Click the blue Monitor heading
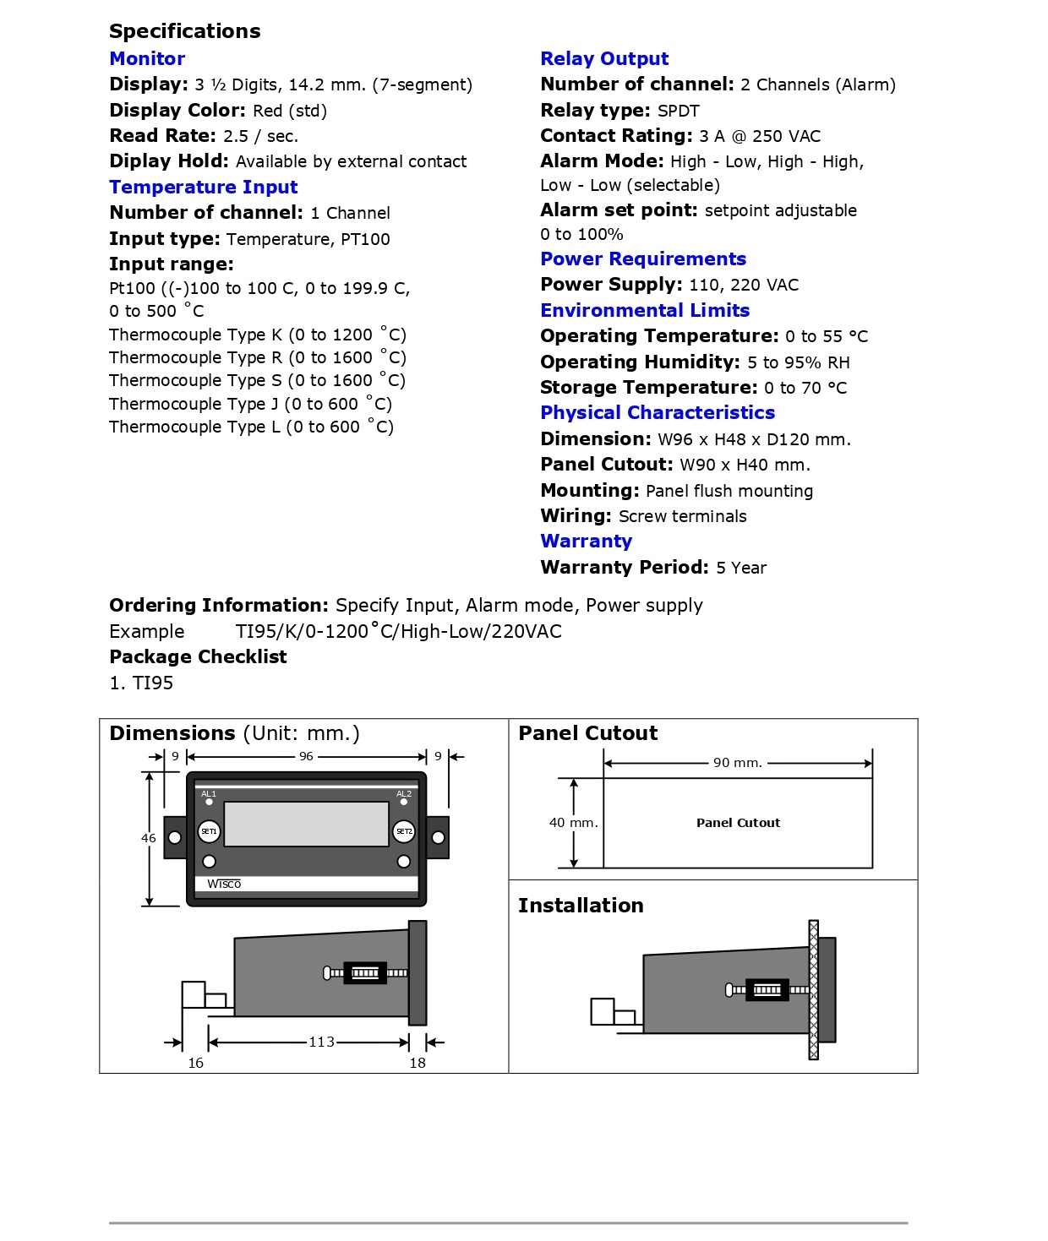pos(147,59)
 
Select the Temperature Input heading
pos(203,188)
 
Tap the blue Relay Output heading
pos(604,59)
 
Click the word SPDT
pos(678,111)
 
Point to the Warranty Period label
pos(625,568)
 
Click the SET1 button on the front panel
pos(209,831)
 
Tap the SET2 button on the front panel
pos(404,831)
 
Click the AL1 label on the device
pos(209,794)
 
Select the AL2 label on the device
pos(404,794)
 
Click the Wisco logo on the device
pos(224,884)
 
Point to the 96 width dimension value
pos(306,756)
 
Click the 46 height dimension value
pos(149,838)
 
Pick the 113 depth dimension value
pos(321,1042)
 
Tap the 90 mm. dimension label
pos(737,763)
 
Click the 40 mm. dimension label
pos(573,823)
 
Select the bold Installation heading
pos(581,906)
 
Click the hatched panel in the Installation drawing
pos(814,989)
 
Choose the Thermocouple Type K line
pos(257,335)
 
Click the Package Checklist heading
pos(198,657)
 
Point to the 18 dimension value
pos(418,1063)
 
